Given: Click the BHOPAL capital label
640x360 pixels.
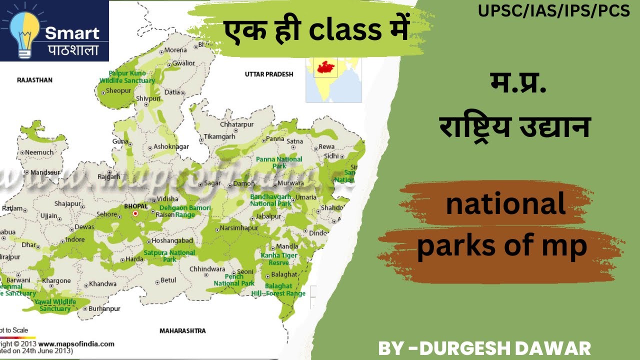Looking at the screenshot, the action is point(135,206).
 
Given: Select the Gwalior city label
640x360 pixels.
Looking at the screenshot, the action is point(183,63).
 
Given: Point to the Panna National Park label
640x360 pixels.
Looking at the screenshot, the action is point(279,162).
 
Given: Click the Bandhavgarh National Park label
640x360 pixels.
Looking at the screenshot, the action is point(270,200).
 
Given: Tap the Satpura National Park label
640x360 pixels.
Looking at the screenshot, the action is point(169,256).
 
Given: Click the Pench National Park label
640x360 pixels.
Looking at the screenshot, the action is point(234,280).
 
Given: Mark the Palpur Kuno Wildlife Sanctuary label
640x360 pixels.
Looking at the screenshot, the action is point(127,76).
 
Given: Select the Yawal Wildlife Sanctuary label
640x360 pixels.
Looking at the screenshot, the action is point(55,305).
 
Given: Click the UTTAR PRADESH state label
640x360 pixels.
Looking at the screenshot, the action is point(269,74).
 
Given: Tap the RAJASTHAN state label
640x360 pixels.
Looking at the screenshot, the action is point(34,80).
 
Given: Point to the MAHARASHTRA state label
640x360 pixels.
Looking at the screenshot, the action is point(182,331).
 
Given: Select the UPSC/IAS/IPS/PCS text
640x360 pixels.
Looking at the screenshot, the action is point(553,11).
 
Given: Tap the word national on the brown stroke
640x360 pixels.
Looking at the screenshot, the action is point(505,204).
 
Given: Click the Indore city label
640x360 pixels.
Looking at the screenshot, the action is point(75,239).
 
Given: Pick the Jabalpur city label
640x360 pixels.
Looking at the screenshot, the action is point(268,216).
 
